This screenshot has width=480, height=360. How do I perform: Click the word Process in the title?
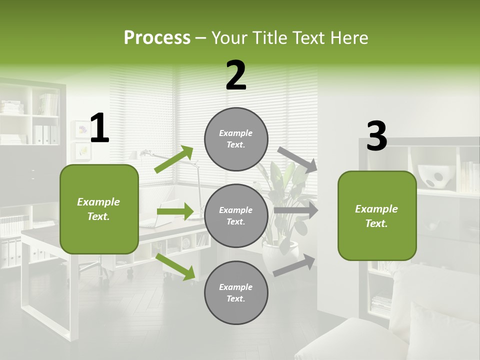pos(157,38)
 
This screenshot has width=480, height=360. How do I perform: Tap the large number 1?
pos(99,128)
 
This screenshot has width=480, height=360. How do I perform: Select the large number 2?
pos(236,75)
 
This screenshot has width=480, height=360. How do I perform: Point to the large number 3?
pos(377,136)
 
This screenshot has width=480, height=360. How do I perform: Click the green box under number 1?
pos(99,209)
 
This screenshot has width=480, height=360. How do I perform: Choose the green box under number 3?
pos(377,215)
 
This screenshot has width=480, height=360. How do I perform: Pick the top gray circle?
pos(236,138)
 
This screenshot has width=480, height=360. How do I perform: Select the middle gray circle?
pos(236,215)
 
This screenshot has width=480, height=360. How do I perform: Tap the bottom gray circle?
pos(236,292)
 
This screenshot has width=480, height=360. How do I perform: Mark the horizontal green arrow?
pos(174,211)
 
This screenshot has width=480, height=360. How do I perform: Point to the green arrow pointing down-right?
pos(175,266)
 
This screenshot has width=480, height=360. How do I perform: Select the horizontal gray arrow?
pos(296,210)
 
